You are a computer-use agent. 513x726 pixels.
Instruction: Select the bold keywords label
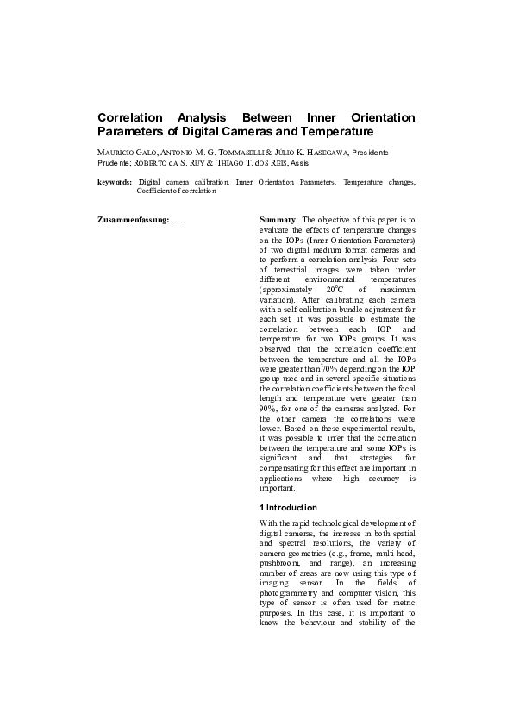[115, 183]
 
